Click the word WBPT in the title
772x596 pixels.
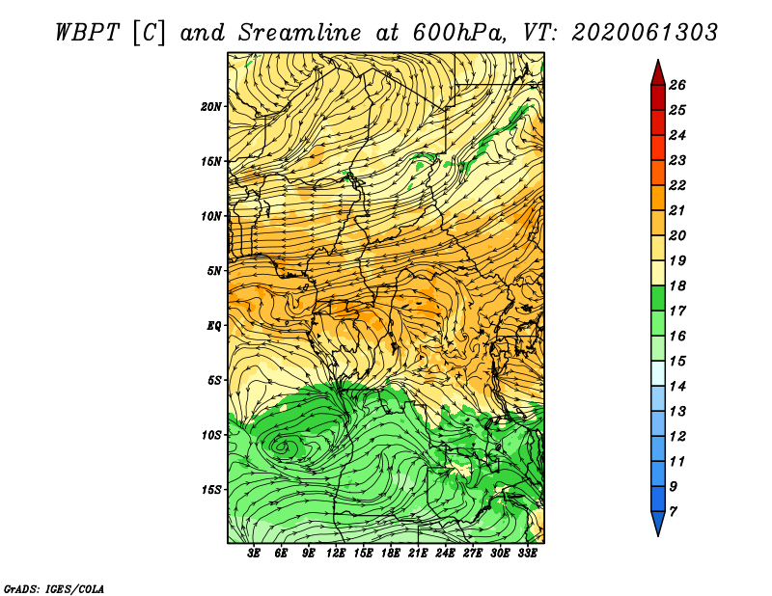pos(87,33)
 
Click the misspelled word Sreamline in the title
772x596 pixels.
pos(300,33)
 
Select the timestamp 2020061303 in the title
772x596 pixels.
pos(645,33)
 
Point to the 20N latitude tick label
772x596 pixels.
pos(211,107)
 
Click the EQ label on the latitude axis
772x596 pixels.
pos(213,326)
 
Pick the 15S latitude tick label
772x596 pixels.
pos(211,490)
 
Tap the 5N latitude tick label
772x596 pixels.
pos(214,271)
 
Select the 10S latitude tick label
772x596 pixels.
pos(211,436)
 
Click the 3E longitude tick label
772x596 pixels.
pos(254,554)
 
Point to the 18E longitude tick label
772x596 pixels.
pos(391,554)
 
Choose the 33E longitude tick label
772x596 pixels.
pos(527,554)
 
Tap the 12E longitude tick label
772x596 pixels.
pos(336,554)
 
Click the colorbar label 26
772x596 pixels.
pos(677,85)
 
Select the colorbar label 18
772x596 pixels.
pos(677,285)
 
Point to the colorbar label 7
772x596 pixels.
pos(673,512)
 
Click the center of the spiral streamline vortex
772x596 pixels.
pos(282,447)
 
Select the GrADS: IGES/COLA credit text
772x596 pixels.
pos(54,588)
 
